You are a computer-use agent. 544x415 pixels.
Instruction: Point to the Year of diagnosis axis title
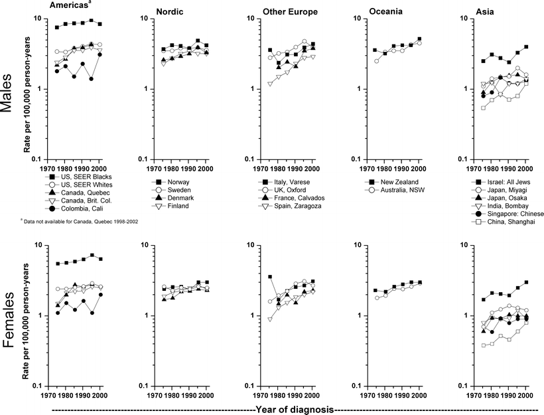pos(295,409)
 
